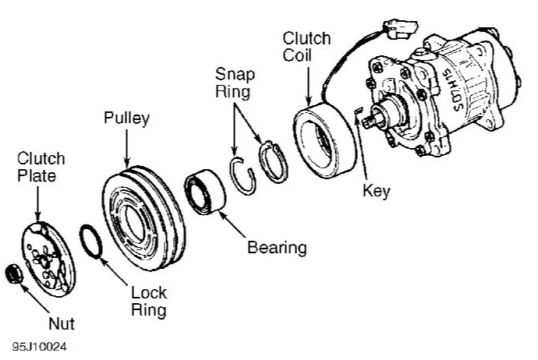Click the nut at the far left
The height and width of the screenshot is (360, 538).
(14, 274)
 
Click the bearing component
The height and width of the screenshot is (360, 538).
(205, 192)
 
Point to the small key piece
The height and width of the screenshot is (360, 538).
(359, 111)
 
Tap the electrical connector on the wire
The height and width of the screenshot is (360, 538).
(400, 29)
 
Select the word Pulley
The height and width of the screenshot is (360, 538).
(126, 118)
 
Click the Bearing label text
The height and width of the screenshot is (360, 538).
(277, 248)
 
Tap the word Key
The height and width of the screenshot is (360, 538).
(377, 191)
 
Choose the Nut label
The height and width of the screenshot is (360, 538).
(62, 323)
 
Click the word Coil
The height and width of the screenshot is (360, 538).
(297, 55)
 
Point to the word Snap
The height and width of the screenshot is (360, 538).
(235, 74)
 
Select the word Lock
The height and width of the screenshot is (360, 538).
(149, 293)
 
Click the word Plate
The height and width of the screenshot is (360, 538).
(37, 175)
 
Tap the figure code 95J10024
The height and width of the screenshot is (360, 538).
(40, 347)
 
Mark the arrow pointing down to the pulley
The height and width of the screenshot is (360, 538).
(127, 148)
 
